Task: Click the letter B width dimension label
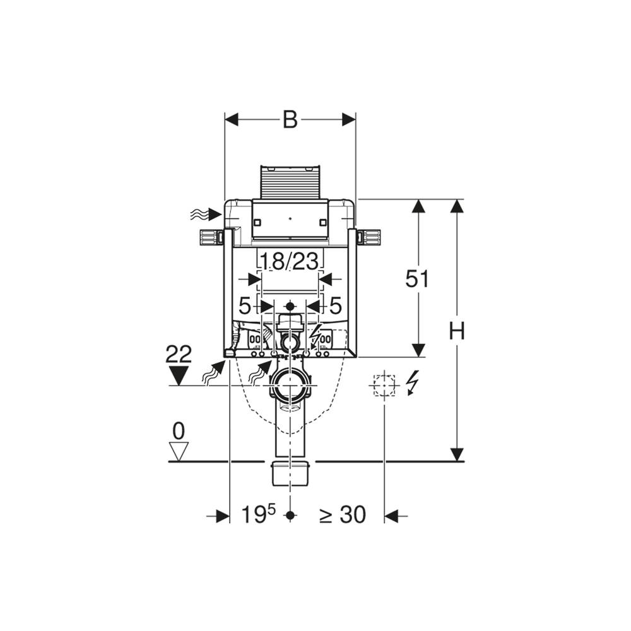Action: point(290,119)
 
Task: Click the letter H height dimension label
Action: point(457,331)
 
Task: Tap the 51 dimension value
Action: point(417,278)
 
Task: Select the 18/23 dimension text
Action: point(290,261)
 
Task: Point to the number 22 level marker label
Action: point(179,354)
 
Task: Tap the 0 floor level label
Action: point(179,432)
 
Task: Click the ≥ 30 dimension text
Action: point(343,514)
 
